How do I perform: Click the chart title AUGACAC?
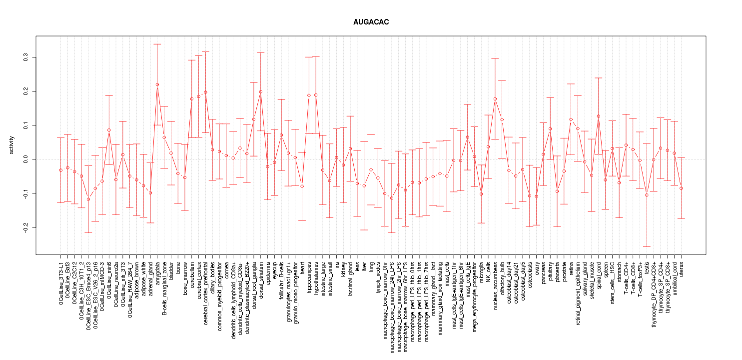pos(371,22)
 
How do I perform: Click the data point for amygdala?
pos(157,84)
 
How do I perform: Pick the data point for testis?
pos(647,195)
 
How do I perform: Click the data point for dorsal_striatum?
pos(260,91)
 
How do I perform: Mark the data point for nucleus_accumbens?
pos(495,99)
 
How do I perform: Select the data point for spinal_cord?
pos(599,116)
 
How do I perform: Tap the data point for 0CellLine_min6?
pos(109,130)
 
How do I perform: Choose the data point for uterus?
pos(681,188)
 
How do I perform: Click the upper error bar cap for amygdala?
pos(157,44)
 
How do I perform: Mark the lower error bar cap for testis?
pos(647,246)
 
